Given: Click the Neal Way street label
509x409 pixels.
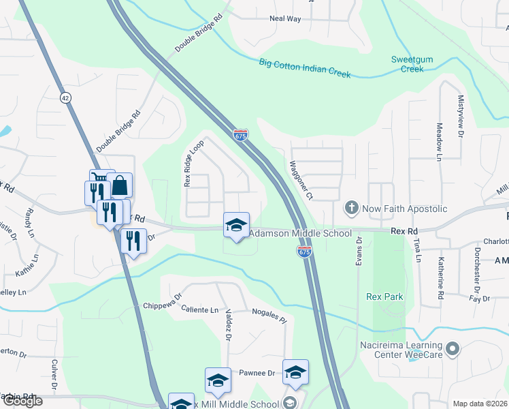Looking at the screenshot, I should (x=285, y=19).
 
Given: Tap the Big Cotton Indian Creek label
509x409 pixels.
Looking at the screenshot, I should (x=305, y=69).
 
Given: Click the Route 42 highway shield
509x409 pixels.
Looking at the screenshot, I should (x=65, y=97).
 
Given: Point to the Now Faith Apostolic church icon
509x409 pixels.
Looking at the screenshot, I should (x=352, y=207).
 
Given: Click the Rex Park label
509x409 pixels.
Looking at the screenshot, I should (x=384, y=297).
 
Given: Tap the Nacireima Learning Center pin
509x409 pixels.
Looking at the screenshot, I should (x=455, y=349).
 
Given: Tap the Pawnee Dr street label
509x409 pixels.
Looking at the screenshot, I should (x=256, y=374).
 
